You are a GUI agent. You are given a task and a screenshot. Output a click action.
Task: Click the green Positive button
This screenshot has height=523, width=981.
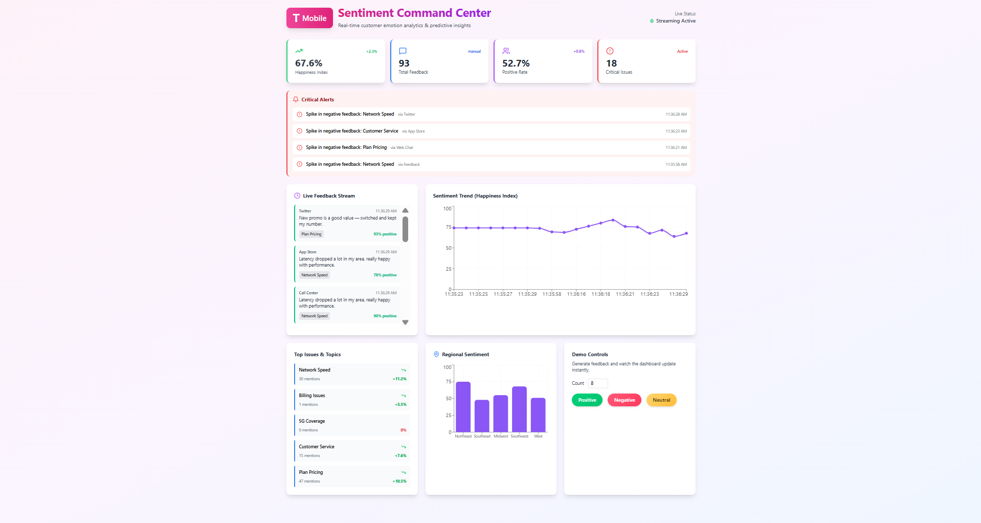coord(587,400)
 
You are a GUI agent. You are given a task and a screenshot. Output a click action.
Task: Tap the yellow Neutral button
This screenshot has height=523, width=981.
coord(661,400)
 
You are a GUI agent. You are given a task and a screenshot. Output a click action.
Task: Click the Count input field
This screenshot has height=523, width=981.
coord(597,383)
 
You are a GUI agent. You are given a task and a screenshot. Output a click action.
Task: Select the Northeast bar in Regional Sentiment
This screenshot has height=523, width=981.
coord(463,407)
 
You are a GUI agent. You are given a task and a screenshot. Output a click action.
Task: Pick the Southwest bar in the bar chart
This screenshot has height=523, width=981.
coord(519,409)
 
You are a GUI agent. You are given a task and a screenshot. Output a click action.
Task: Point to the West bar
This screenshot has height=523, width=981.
coord(538,415)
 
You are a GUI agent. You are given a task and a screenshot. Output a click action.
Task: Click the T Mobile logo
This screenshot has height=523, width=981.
coord(309,18)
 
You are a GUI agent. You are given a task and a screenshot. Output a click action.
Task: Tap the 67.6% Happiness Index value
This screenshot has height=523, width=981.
coord(308,63)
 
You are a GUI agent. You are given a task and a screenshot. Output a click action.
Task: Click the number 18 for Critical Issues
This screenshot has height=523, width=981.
coord(611,63)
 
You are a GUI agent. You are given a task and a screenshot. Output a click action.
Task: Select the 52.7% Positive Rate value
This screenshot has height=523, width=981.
coord(516,63)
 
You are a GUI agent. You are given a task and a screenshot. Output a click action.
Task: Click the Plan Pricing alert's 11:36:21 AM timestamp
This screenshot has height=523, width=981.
coord(676,148)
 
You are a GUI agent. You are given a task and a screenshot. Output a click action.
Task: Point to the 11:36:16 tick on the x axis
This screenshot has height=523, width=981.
coord(576,294)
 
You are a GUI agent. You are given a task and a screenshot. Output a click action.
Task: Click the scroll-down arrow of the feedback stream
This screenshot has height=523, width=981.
coord(405,322)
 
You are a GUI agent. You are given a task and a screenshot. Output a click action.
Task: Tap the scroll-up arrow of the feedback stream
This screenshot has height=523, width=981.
coord(405,210)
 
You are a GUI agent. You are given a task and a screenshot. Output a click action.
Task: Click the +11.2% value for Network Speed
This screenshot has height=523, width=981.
coord(399,379)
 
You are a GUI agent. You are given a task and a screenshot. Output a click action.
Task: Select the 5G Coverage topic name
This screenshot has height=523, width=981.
coord(312,421)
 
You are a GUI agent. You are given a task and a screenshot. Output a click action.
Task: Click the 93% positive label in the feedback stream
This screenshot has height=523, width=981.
coord(385,234)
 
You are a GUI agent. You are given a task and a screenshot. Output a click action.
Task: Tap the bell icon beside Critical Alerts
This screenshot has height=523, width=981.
coord(296,100)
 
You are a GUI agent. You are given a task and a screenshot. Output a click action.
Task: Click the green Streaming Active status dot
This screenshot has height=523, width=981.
coord(652,21)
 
